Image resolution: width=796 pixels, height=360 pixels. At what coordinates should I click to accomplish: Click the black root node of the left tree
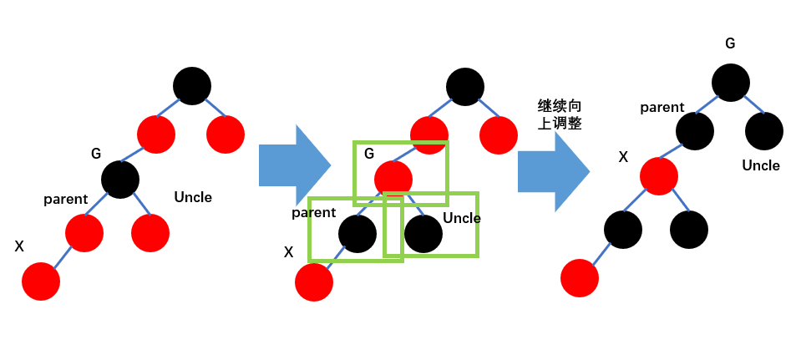192,86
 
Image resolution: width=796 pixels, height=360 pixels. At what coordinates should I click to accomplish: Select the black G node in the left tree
120,180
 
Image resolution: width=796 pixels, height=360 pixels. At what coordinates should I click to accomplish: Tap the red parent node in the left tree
84,233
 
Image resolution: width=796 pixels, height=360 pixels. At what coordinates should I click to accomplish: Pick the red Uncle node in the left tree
150,233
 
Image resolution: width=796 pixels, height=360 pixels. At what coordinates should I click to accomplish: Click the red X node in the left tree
41,281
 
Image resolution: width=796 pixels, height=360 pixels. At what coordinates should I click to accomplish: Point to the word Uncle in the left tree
193,197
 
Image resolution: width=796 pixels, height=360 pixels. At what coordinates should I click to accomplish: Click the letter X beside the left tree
19,246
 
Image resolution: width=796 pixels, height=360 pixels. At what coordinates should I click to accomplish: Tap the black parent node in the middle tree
357,234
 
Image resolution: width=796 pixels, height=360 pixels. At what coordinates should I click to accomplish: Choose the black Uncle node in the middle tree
423,234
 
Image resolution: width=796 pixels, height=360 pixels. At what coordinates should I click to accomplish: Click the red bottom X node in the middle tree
314,282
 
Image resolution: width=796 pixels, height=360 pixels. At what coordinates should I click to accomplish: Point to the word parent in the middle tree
313,213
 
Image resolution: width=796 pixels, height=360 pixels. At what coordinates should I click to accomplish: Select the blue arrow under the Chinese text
553,171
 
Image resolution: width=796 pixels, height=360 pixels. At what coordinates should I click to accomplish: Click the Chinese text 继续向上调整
560,114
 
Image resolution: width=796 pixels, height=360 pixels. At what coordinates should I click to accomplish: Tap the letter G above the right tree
730,43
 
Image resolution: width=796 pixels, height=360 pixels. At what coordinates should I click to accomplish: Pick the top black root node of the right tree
731,83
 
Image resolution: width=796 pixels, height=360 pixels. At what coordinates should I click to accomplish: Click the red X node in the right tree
659,176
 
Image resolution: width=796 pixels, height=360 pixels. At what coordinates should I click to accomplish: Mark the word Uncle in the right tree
761,165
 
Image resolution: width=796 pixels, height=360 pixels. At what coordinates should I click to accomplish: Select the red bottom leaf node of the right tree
580,278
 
